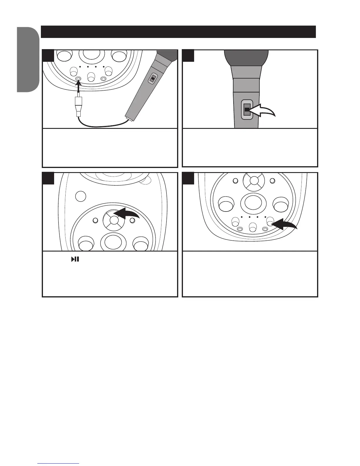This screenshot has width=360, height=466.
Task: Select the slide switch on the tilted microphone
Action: [152, 79]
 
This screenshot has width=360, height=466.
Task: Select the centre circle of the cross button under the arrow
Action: [114, 220]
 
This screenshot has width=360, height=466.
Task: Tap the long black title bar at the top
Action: [178, 32]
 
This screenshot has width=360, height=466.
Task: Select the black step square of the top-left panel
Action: [48, 56]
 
